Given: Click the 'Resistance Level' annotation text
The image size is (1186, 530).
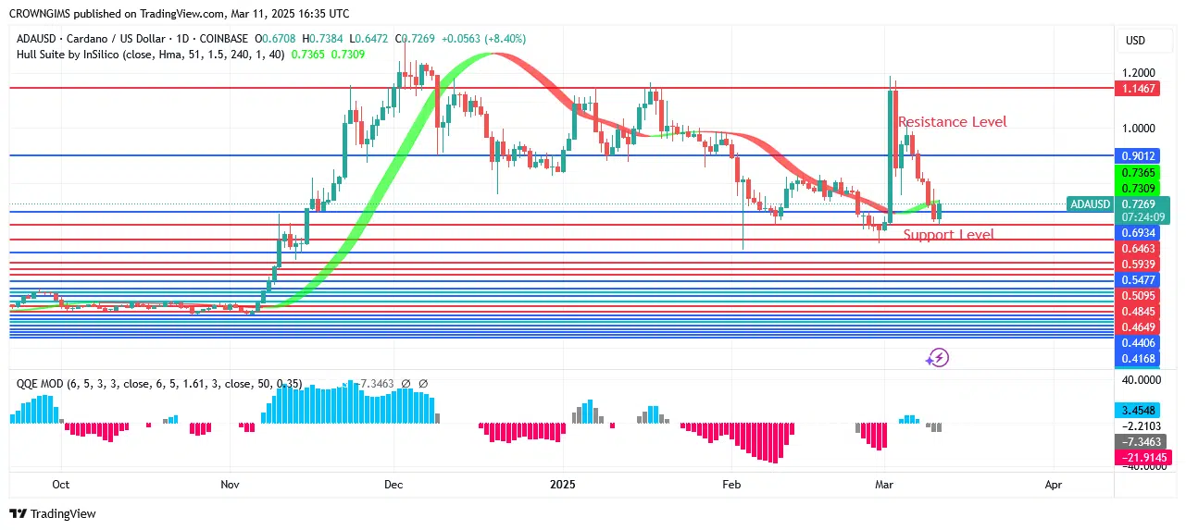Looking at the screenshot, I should [x=952, y=122].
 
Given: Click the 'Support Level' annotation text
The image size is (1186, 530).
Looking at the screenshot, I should [x=948, y=235].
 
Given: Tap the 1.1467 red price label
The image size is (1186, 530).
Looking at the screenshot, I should [x=1138, y=88].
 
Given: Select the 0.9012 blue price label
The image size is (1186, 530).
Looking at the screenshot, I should [x=1138, y=155].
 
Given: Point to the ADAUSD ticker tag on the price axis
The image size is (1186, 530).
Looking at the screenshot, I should [x=1089, y=203].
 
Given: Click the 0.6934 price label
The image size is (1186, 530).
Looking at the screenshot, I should [x=1138, y=232].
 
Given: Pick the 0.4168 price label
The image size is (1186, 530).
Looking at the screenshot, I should [x=1138, y=358].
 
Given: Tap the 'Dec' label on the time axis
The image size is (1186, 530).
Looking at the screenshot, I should [x=393, y=484].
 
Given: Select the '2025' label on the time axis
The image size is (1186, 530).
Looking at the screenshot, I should [x=563, y=484].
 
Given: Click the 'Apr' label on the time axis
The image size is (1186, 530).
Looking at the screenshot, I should [x=1053, y=484].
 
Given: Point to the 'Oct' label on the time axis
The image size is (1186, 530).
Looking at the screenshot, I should [x=61, y=484].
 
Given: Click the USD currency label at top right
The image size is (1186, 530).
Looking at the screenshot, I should [x=1135, y=41].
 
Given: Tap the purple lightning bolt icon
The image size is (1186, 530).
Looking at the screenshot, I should [x=938, y=358].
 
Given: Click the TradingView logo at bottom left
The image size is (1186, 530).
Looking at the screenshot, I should [x=53, y=513].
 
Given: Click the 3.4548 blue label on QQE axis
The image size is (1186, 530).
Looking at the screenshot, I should [x=1138, y=409].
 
